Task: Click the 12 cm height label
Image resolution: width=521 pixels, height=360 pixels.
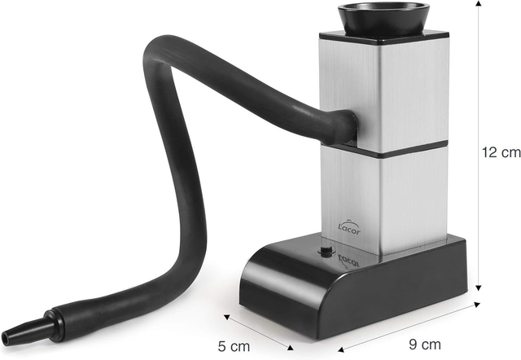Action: click(x=501, y=152)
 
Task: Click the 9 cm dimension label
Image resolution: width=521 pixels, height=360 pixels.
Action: click(x=424, y=345)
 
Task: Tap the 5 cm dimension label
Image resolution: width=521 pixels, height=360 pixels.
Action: click(x=234, y=346)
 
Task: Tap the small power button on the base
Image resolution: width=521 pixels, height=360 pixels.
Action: click(x=326, y=250)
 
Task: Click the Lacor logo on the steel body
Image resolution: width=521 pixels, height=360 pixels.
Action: click(x=348, y=227)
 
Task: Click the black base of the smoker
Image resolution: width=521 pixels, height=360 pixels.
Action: click(x=353, y=285)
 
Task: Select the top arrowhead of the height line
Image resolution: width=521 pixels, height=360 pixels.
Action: click(x=478, y=3)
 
